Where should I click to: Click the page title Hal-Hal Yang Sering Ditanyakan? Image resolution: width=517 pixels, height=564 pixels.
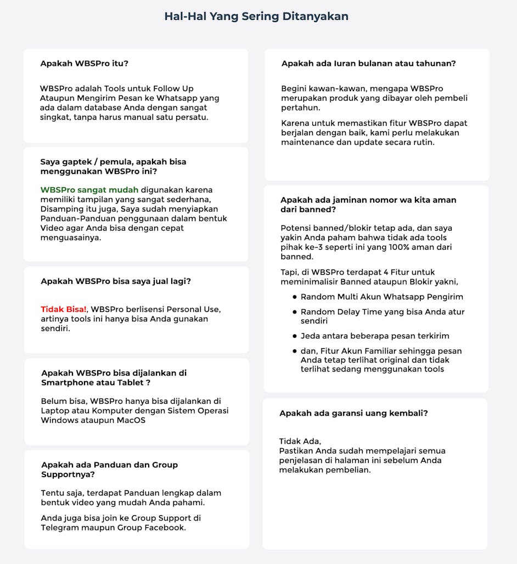[x=256, y=16]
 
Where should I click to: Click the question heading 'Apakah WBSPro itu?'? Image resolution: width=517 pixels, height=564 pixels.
[x=84, y=63]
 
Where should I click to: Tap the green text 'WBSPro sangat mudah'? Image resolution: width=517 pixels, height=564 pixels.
[x=89, y=190]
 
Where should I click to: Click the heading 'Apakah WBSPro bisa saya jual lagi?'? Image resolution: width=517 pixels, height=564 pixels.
[x=116, y=281]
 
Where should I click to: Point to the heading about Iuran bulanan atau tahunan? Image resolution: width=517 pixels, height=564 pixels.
[x=368, y=63]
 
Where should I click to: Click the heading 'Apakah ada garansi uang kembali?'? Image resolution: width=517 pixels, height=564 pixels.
[x=353, y=413]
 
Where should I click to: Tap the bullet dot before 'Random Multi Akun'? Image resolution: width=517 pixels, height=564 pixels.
[x=295, y=297]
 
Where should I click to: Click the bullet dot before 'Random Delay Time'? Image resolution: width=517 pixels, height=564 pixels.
[x=295, y=312]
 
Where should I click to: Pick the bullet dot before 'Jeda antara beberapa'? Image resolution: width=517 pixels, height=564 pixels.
[x=295, y=336]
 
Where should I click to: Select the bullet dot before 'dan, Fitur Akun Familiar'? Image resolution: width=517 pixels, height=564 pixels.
[x=295, y=351]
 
